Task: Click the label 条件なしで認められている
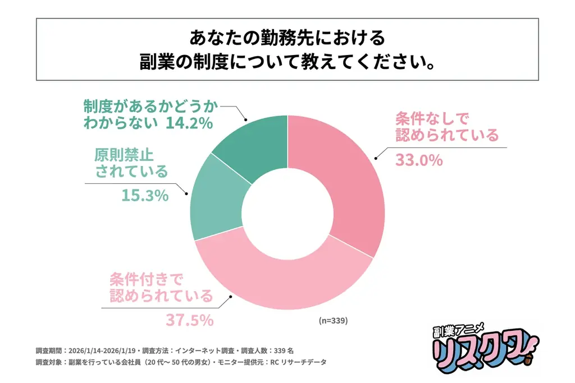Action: (447, 127)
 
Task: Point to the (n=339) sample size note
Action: (334, 321)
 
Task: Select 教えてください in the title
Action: (365, 62)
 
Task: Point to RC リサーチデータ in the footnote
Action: (304, 362)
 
